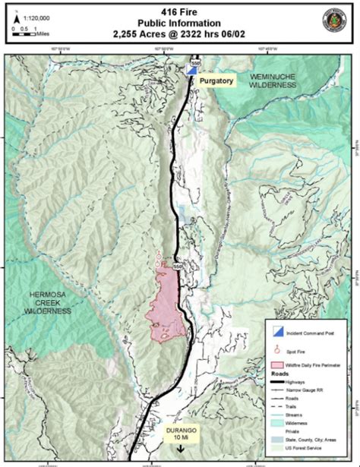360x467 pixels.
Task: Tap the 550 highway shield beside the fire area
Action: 177,267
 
